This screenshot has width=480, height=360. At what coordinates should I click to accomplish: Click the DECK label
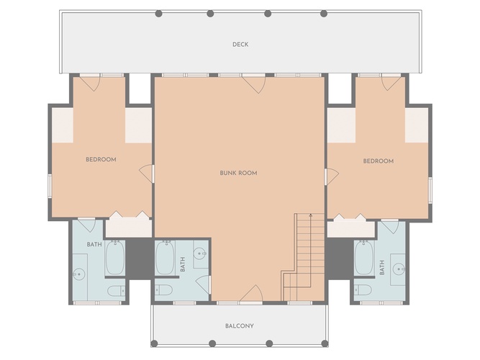pos(240,45)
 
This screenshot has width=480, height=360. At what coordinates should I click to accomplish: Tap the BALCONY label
pos(240,325)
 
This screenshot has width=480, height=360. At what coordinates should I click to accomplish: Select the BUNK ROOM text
pos(238,173)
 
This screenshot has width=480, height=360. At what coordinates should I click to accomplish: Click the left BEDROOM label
pos(101,159)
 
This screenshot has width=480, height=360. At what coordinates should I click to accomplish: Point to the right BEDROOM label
pos(379,161)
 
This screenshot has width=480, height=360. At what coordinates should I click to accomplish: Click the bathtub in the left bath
pos(115,257)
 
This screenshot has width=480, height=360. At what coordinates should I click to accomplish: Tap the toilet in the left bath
pos(116,291)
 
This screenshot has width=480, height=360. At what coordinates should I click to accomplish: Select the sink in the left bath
pos(78,274)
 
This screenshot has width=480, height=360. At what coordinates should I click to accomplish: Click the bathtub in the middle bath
pos(165,257)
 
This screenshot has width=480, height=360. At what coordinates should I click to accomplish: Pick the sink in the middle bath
pos(200,253)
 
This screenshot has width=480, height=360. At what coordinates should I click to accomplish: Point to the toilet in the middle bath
pos(163,289)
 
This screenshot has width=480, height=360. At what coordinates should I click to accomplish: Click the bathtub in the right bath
pos(364,257)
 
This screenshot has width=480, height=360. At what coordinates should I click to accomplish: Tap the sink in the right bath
pos(399,269)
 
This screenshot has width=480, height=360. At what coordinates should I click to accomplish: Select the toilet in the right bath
pos(363,289)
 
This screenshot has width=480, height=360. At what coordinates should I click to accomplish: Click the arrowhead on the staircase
pos(310,215)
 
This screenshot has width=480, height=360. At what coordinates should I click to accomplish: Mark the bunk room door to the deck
pos(253,84)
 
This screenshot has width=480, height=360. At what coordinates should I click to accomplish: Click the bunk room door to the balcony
pos(251,294)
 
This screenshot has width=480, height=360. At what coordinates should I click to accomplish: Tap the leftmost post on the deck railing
pos(158,14)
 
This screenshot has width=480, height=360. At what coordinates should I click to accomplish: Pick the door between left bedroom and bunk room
pos(146,174)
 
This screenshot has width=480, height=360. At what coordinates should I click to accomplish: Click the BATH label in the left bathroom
pos(94,245)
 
